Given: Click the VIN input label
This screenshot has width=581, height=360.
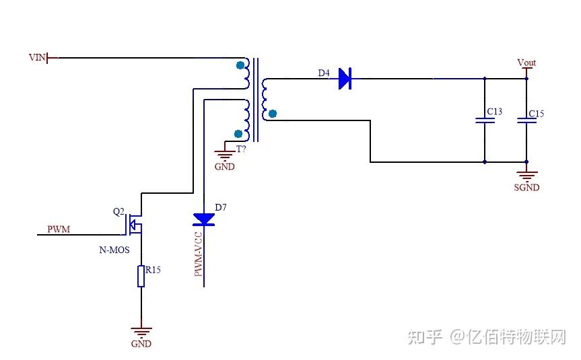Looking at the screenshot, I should tap(37, 58).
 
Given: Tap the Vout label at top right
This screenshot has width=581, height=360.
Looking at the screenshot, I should tap(526, 63).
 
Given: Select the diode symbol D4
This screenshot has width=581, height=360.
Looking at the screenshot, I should tap(345, 79).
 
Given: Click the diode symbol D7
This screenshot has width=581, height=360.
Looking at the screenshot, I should tap(203, 219).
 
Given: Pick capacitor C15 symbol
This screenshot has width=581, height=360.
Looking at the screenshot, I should tap(526, 121).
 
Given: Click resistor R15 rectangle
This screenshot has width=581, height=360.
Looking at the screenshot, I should tap(141, 276).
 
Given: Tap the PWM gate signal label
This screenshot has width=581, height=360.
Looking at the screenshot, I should tap(59, 229).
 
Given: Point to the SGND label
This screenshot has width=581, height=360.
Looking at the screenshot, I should tap(526, 188).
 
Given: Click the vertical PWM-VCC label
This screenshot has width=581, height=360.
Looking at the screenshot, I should tap(199, 254).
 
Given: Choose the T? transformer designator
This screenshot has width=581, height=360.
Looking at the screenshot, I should tap(240, 149).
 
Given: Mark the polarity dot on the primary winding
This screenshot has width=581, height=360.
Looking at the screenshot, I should tap(240, 65).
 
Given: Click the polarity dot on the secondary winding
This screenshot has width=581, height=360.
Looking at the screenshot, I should tap(272, 114).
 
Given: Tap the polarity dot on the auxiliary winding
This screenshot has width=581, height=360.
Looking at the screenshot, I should tap(237, 133).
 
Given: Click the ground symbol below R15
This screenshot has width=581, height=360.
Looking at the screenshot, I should tap(141, 331).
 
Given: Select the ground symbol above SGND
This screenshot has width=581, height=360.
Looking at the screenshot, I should tap(526, 174).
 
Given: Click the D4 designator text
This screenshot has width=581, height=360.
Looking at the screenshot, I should tap(324, 73).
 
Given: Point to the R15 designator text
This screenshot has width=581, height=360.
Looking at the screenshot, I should tap(153, 270).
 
